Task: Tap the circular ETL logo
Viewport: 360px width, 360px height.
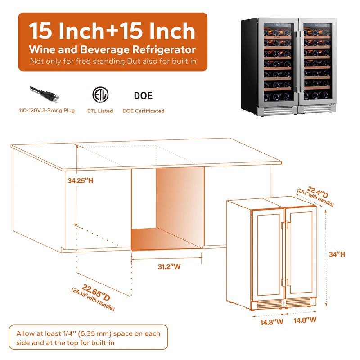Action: click(99, 95)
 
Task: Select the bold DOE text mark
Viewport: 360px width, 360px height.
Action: click(143, 95)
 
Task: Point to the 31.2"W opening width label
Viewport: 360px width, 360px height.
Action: click(169, 266)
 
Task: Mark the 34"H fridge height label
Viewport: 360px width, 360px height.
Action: click(337, 254)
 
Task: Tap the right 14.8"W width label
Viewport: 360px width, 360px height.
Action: click(305, 320)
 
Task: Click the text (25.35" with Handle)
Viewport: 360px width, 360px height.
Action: click(93, 300)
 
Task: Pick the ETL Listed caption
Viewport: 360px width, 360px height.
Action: click(100, 111)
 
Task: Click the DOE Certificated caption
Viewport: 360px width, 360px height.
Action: click(143, 111)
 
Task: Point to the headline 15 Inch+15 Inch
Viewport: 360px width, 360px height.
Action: click(112, 31)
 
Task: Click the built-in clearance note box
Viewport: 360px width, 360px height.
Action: click(88, 338)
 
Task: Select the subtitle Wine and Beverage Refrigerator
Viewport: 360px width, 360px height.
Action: click(112, 49)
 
